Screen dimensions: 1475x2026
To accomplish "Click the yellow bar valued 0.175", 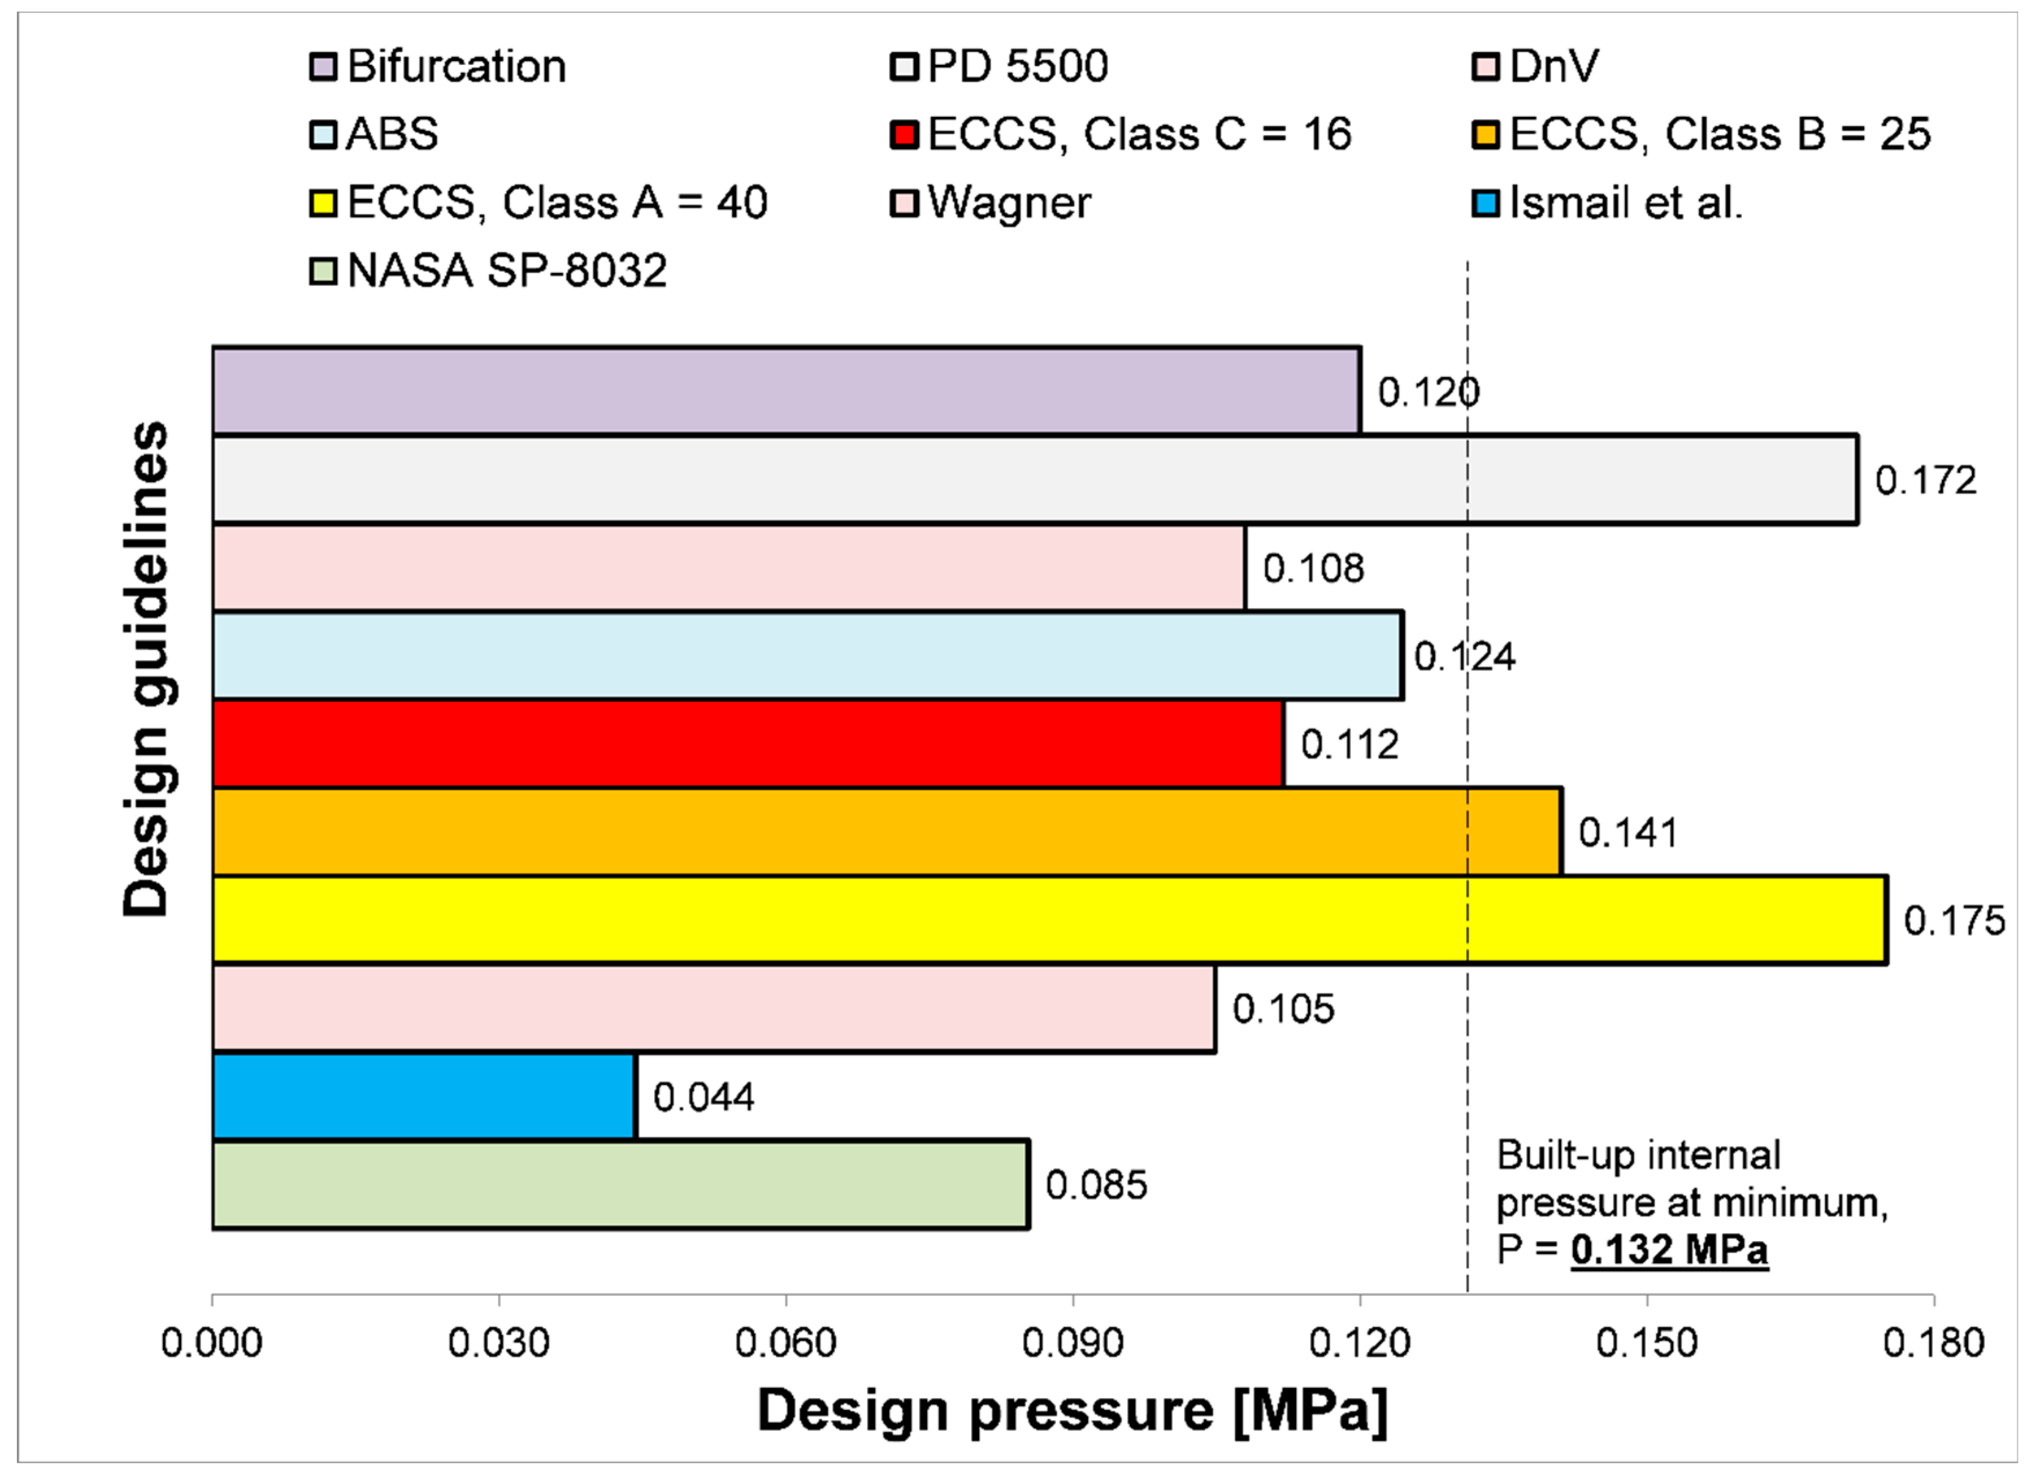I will pyautogui.click(x=1050, y=920).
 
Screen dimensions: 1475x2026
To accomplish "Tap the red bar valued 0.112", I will pyautogui.click(x=748, y=744).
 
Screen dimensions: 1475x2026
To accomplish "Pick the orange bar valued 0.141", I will pyautogui.click(x=887, y=832).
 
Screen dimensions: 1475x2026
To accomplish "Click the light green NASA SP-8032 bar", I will pyautogui.click(x=621, y=1185).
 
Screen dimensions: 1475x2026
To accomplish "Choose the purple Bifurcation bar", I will pyautogui.click(x=786, y=391).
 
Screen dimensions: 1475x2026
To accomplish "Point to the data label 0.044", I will pyautogui.click(x=704, y=1097).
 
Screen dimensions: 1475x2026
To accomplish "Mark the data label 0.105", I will pyautogui.click(x=1283, y=1009).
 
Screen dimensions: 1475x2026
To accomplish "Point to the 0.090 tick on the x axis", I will pyautogui.click(x=1073, y=1343).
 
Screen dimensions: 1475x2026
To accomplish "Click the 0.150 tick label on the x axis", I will pyautogui.click(x=1647, y=1343).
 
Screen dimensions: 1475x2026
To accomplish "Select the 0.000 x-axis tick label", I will pyautogui.click(x=212, y=1343).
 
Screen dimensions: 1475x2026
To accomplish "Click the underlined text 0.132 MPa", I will pyautogui.click(x=1669, y=1249).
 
